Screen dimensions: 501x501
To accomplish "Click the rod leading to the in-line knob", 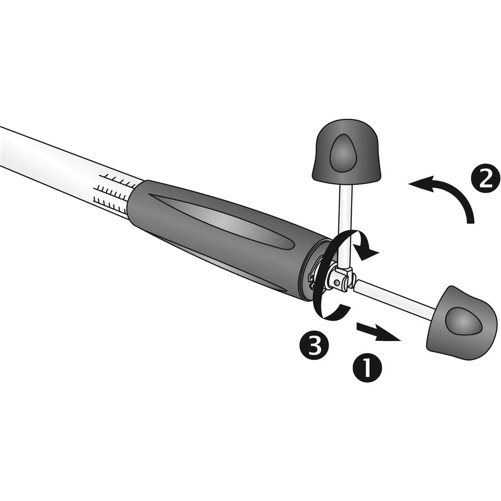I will click(396, 298).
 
